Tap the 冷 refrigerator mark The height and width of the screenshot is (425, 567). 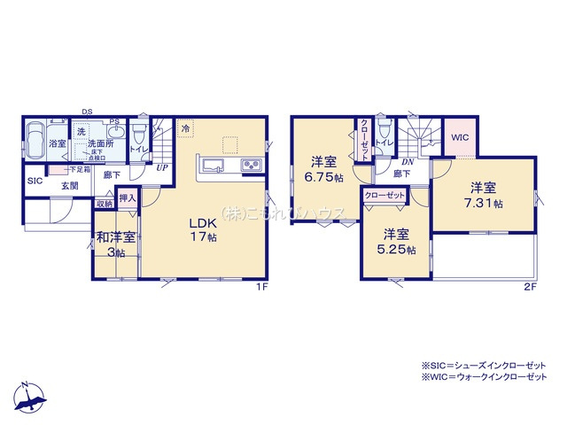coord(185,128)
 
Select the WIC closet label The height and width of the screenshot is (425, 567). coord(460,137)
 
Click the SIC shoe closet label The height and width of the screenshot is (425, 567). coord(35,181)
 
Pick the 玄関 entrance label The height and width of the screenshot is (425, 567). coord(70,186)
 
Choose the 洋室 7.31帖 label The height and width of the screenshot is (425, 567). coord(485,195)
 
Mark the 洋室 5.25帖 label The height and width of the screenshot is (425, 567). coord(395,242)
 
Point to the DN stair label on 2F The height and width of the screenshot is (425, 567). coord(408,162)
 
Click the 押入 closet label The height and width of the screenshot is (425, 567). coord(127,199)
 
